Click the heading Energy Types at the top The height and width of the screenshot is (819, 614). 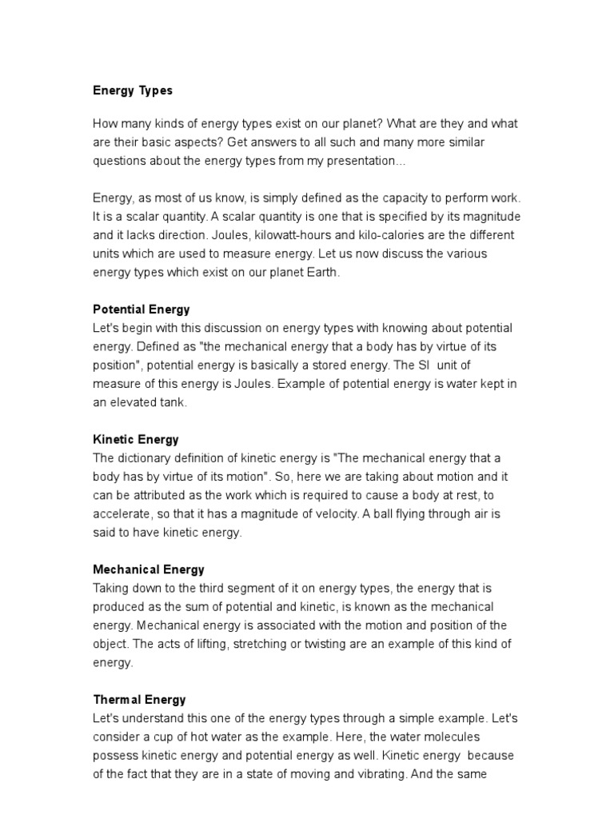[133, 91]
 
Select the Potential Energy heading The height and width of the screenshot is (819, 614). [142, 309]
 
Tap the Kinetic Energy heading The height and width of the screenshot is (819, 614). [136, 439]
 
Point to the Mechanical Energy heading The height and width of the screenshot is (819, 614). [149, 569]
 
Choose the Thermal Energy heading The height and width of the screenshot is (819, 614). [139, 700]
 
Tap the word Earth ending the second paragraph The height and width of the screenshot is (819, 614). [322, 272]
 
